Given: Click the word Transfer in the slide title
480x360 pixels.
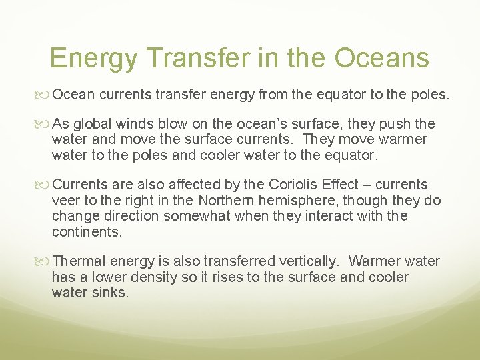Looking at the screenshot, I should [193, 58].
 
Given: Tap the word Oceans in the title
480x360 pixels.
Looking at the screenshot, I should [382, 58].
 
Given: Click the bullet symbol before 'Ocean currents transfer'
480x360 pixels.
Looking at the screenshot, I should [45, 95].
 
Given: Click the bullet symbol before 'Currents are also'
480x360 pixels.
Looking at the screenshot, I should [45, 185].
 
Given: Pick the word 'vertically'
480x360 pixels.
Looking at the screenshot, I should [308, 261].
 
